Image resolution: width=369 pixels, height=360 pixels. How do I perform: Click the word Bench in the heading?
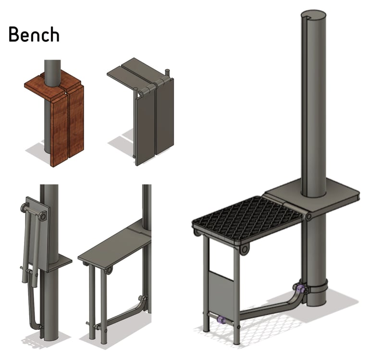34,35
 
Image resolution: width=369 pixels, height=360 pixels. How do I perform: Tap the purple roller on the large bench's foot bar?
221,320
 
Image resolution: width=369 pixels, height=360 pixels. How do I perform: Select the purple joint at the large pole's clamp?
300,288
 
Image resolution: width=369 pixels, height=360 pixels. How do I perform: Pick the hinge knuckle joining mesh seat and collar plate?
308,216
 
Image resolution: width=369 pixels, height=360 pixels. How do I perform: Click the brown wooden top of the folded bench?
52,84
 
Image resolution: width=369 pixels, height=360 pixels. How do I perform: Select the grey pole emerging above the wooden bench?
52,72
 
